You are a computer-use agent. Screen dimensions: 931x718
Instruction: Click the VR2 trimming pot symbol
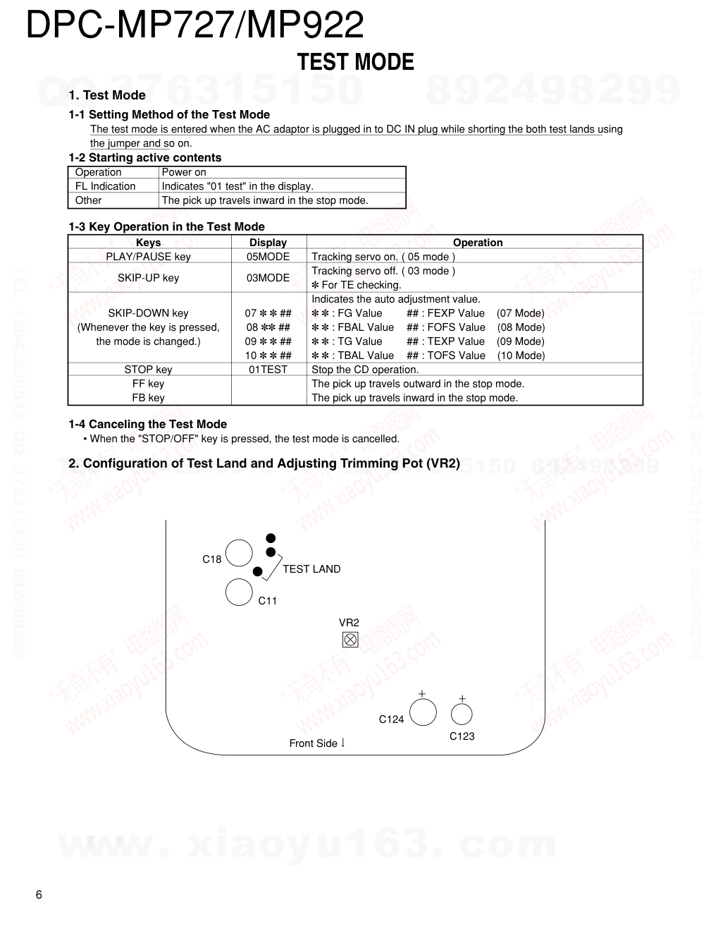pyautogui.click(x=350, y=640)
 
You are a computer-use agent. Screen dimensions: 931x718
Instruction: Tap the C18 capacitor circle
pyautogui.click(x=239, y=553)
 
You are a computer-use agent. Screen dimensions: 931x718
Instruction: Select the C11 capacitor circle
pyautogui.click(x=239, y=592)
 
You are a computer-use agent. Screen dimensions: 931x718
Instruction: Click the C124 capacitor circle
pyautogui.click(x=423, y=712)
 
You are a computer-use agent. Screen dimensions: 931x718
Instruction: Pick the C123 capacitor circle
pyautogui.click(x=462, y=714)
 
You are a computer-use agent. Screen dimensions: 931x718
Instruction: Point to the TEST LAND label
pyautogui.click(x=311, y=569)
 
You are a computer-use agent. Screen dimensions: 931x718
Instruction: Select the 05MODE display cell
pyautogui.click(x=268, y=257)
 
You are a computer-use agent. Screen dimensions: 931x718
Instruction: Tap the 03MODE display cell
pyautogui.click(x=268, y=278)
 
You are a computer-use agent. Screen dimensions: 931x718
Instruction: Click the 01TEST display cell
pyautogui.click(x=268, y=370)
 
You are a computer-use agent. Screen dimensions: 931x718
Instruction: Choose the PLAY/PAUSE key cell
pyautogui.click(x=148, y=257)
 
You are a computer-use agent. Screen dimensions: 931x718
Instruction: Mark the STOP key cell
pyautogui.click(x=148, y=370)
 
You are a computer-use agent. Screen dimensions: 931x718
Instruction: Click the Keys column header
pyautogui.click(x=148, y=243)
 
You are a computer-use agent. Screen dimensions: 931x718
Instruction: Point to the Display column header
pyautogui.click(x=268, y=243)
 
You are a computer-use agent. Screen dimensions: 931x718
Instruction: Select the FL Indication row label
pyautogui.click(x=105, y=186)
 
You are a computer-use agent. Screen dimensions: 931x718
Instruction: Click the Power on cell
pyautogui.click(x=184, y=172)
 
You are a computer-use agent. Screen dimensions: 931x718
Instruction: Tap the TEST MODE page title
pyautogui.click(x=355, y=62)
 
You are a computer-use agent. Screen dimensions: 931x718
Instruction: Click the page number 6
pyautogui.click(x=39, y=895)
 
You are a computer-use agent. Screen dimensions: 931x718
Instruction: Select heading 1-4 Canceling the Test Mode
pyautogui.click(x=147, y=424)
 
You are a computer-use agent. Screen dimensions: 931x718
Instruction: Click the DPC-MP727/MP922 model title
pyautogui.click(x=194, y=25)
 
